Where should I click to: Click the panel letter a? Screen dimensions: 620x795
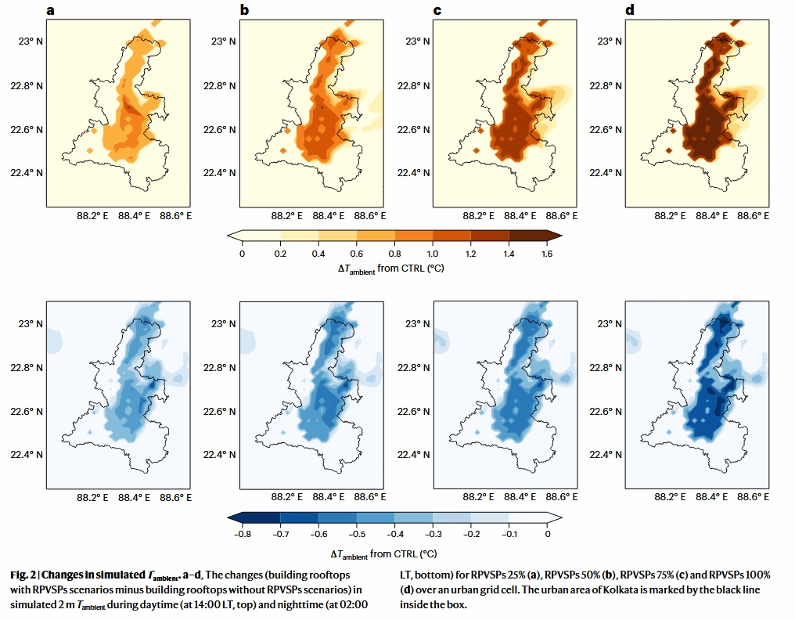pyautogui.click(x=51, y=10)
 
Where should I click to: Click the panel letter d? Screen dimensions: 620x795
pyautogui.click(x=631, y=10)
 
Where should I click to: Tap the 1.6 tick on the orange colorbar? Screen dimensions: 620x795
pyautogui.click(x=547, y=254)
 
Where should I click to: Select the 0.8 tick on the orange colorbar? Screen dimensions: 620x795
pyautogui.click(x=394, y=254)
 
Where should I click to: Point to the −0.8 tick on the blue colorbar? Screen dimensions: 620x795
pyautogui.click(x=243, y=534)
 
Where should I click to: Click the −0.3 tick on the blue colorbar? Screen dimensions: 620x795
pyautogui.click(x=433, y=534)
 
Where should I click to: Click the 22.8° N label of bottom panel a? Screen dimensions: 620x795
pyautogui.click(x=25, y=367)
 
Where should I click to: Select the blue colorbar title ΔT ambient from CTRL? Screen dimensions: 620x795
pyautogui.click(x=394, y=553)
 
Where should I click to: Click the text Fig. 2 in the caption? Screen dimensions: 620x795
pyautogui.click(x=23, y=575)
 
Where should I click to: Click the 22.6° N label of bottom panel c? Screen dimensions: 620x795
pyautogui.click(x=409, y=412)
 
